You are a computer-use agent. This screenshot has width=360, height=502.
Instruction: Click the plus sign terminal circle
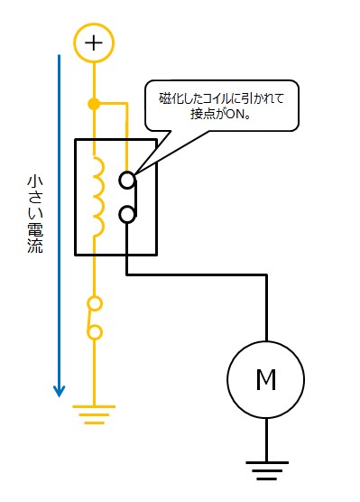coord(94,42)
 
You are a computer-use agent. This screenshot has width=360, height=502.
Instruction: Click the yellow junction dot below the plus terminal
coord(94,104)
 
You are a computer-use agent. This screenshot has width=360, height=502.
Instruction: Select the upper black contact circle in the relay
coord(128,180)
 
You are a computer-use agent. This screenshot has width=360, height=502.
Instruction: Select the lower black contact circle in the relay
coord(128,215)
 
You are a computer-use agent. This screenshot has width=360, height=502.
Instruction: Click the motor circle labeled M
coord(266,380)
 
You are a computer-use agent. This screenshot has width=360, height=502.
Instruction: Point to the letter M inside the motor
coord(266,380)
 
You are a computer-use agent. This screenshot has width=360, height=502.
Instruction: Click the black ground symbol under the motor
coord(266,469)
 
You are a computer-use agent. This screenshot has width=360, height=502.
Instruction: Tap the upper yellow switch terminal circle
coord(94,302)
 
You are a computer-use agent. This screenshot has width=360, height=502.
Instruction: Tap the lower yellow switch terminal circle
coord(94,332)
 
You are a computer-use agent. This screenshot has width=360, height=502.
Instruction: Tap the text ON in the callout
coord(234,114)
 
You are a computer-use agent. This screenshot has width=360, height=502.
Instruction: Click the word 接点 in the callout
coord(202,114)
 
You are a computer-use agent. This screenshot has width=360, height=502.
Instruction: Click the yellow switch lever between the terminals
coord(89,318)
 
